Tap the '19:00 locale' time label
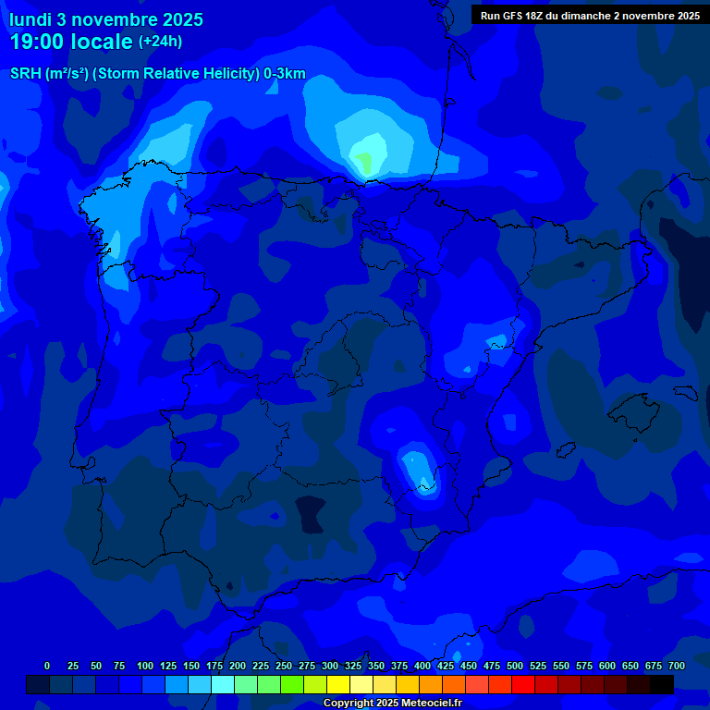tap(71, 42)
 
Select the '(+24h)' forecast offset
tap(160, 42)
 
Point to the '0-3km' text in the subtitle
tap(285, 74)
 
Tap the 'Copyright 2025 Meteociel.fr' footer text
tap(392, 703)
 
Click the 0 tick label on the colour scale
tap(47, 666)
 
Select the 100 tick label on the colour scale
tap(145, 666)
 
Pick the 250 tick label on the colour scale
tap(284, 666)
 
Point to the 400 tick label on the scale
tap(422, 666)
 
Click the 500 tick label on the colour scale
tap(515, 666)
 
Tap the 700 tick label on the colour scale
tap(677, 666)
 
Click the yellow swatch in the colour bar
tap(338, 684)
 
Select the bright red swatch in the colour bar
tap(523, 684)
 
